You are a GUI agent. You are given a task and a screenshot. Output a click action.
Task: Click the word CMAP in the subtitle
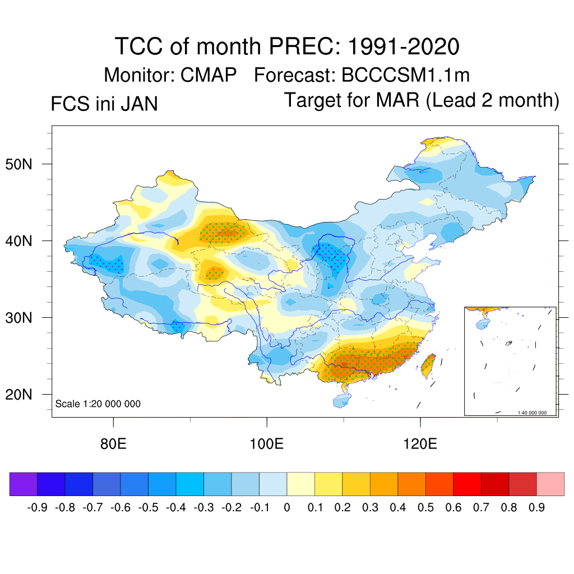click(x=209, y=75)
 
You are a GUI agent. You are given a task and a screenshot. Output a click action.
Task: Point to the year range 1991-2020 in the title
click(x=404, y=47)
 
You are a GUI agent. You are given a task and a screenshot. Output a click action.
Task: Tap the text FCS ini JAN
click(x=104, y=104)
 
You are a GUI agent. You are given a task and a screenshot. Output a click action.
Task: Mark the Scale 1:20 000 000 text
click(x=98, y=404)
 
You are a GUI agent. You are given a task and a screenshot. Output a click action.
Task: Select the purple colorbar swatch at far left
click(x=23, y=484)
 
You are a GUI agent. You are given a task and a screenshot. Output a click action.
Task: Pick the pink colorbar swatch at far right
click(x=550, y=484)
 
